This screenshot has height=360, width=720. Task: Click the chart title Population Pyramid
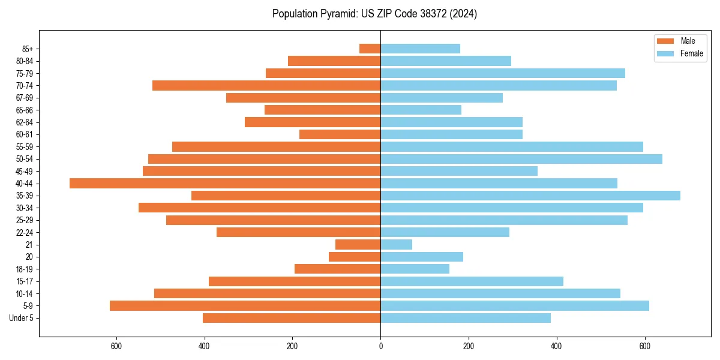tap(374, 14)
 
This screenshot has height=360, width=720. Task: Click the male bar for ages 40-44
tap(225, 183)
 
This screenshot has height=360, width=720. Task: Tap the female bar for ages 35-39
tap(530, 196)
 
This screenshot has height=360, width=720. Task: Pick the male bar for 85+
tap(370, 49)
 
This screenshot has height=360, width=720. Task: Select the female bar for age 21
tap(396, 244)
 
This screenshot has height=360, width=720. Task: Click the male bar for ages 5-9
tap(245, 305)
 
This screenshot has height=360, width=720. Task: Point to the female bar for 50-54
tap(521, 159)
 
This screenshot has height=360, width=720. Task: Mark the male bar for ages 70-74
tap(266, 85)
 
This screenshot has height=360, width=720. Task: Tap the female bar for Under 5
tap(466, 318)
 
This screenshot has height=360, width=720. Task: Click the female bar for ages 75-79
tap(503, 73)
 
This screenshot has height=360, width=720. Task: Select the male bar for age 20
tap(355, 257)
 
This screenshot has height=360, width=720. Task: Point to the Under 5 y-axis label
tap(21, 318)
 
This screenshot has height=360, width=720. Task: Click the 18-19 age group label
tap(25, 269)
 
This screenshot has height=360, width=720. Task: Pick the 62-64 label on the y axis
tap(25, 122)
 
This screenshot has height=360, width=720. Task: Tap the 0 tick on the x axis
tap(380, 346)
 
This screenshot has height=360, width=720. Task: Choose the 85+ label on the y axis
tap(27, 49)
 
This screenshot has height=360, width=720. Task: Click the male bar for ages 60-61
tap(340, 134)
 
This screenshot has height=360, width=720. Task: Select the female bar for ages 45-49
tap(459, 171)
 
